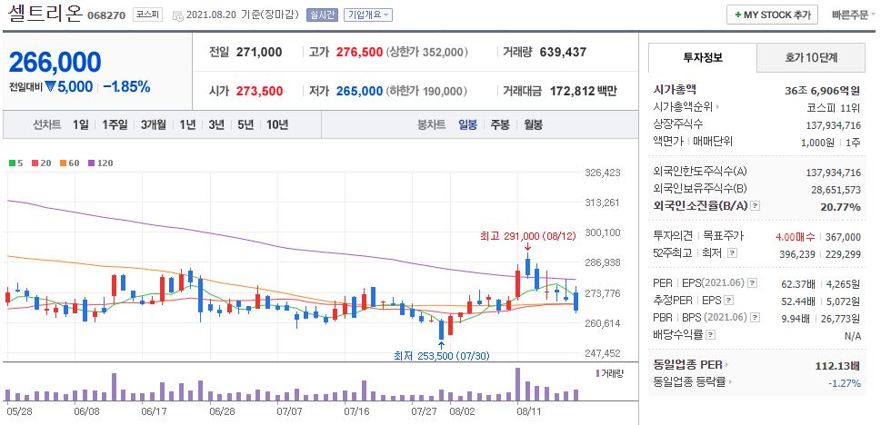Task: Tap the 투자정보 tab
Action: tap(702, 57)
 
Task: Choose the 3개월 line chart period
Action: tap(155, 124)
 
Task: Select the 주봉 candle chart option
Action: tap(500, 124)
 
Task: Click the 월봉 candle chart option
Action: tap(533, 124)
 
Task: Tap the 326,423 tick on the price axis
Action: tap(601, 173)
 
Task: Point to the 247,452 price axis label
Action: tap(601, 353)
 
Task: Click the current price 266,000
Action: tap(55, 62)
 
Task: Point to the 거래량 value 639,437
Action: tap(563, 52)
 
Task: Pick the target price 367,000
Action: tap(842, 236)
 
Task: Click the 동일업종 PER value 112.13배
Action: tap(837, 365)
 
